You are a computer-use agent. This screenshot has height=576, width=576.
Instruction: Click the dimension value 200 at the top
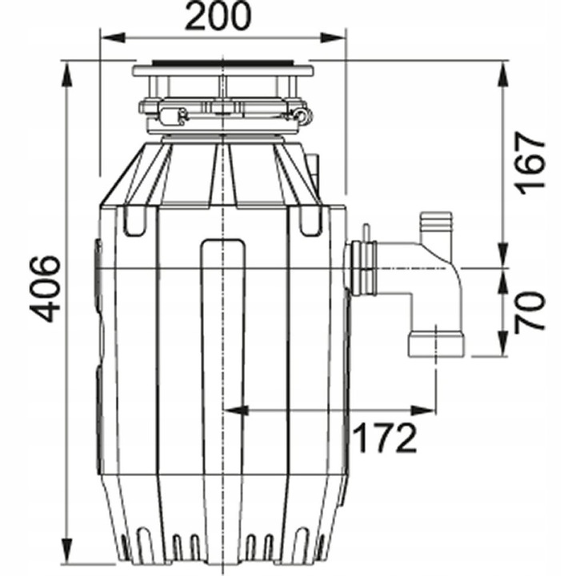click(x=218, y=15)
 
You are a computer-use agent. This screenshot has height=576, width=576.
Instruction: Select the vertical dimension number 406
click(x=48, y=288)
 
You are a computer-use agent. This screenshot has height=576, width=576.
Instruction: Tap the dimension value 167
click(x=530, y=162)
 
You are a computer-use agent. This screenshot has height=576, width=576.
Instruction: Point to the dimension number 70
click(x=530, y=311)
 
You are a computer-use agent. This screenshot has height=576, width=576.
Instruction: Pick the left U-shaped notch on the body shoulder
click(x=134, y=222)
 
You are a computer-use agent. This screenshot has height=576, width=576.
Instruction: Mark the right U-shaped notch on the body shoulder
click(x=310, y=222)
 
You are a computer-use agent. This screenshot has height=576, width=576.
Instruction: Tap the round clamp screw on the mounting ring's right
click(x=302, y=117)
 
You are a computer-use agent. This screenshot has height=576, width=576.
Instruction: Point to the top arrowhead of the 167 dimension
click(x=503, y=69)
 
